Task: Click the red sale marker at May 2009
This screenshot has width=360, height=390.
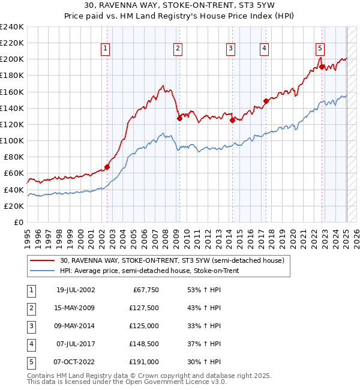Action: pyautogui.click(x=179, y=118)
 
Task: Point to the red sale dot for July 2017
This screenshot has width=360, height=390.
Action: pyautogui.click(x=266, y=101)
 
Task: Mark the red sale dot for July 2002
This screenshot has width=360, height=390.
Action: pyautogui.click(x=107, y=167)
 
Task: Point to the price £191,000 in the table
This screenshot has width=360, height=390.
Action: pyautogui.click(x=144, y=363)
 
